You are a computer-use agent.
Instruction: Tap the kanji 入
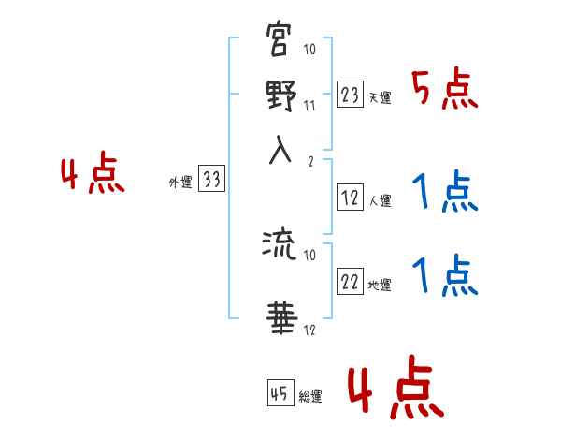(x=280, y=152)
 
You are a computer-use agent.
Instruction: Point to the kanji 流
(x=280, y=245)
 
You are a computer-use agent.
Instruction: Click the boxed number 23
(x=350, y=95)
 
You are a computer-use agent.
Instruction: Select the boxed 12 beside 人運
(x=350, y=198)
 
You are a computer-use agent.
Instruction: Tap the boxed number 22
(x=350, y=282)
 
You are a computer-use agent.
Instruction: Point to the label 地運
(x=380, y=286)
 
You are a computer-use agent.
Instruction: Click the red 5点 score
(x=444, y=91)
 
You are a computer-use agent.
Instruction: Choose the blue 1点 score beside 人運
(x=444, y=194)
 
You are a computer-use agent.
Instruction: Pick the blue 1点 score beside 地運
(x=444, y=276)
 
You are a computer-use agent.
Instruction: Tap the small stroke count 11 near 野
(x=309, y=105)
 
